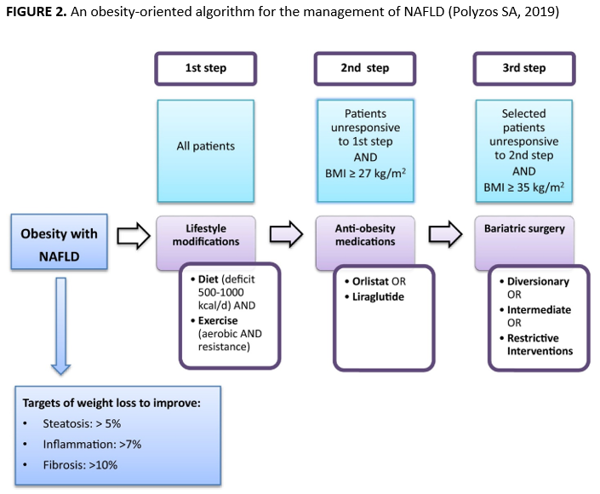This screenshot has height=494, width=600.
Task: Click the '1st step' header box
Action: (x=205, y=68)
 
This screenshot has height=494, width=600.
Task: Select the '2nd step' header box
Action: (x=365, y=68)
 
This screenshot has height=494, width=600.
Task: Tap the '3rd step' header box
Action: (x=523, y=68)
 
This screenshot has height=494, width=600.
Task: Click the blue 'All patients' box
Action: (x=205, y=146)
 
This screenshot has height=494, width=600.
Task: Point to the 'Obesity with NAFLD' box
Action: (x=59, y=241)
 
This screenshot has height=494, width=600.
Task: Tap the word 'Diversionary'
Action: (x=538, y=281)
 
